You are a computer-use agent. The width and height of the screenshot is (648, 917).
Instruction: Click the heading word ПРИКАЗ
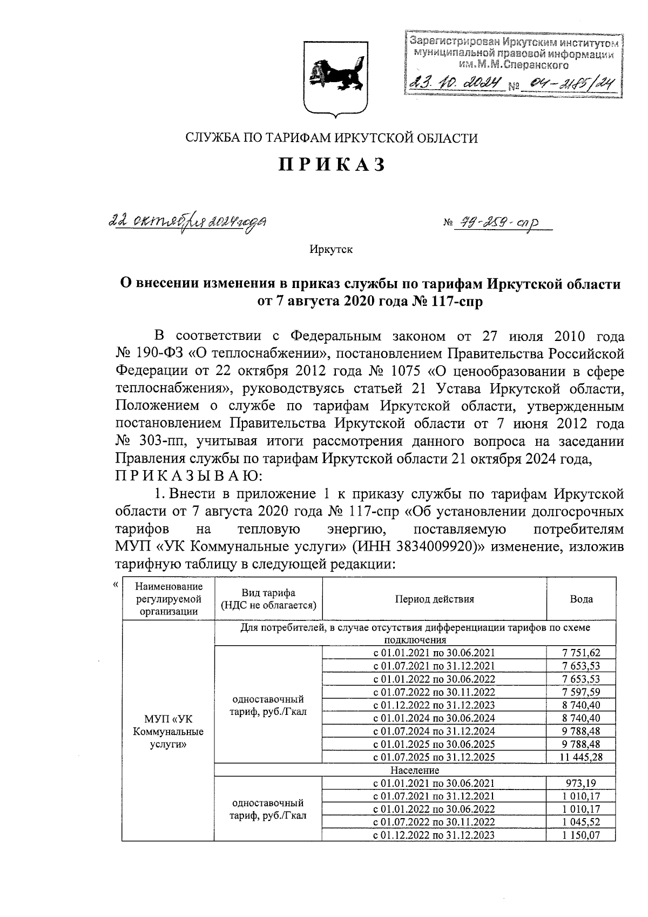tap(332, 164)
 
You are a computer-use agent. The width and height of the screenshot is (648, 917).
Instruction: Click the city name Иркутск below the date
tap(331, 249)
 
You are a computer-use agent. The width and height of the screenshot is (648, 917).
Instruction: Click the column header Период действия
tap(434, 599)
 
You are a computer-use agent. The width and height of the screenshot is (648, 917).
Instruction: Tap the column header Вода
tap(581, 599)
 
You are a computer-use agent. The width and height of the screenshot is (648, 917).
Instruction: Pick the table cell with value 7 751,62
tap(581, 653)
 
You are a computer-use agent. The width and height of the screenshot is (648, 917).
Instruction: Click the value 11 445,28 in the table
tap(581, 757)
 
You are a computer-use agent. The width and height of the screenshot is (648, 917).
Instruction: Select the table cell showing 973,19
tap(581, 783)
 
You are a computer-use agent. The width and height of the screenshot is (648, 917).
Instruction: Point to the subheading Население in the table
tap(415, 770)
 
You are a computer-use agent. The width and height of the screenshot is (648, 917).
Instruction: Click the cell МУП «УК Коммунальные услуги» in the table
tap(168, 731)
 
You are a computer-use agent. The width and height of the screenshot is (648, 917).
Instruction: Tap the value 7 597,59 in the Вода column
tap(581, 692)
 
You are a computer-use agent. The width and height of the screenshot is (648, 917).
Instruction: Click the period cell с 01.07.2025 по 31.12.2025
tap(434, 757)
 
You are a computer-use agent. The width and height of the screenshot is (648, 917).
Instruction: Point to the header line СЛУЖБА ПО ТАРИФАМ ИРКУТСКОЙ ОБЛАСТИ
tap(332, 138)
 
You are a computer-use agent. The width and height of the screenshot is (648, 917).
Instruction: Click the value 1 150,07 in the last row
tap(581, 835)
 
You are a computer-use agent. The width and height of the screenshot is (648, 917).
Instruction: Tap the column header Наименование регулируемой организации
tap(168, 599)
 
